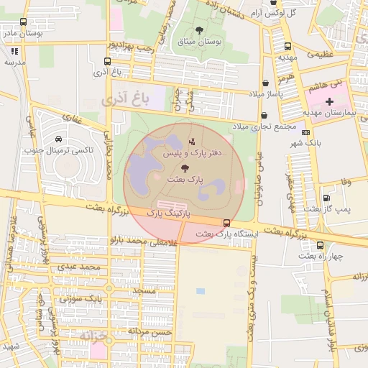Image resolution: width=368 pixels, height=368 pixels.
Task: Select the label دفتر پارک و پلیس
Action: [197, 153]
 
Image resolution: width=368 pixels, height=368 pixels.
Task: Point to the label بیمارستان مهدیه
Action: [330, 113]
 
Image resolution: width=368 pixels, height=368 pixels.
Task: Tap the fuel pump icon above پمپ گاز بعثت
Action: [327, 198]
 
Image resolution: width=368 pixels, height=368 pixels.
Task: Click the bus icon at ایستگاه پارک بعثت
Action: [227, 223]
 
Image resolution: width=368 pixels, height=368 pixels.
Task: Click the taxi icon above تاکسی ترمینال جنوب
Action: [59, 139]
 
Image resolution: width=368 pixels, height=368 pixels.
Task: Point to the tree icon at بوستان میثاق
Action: [199, 31]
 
